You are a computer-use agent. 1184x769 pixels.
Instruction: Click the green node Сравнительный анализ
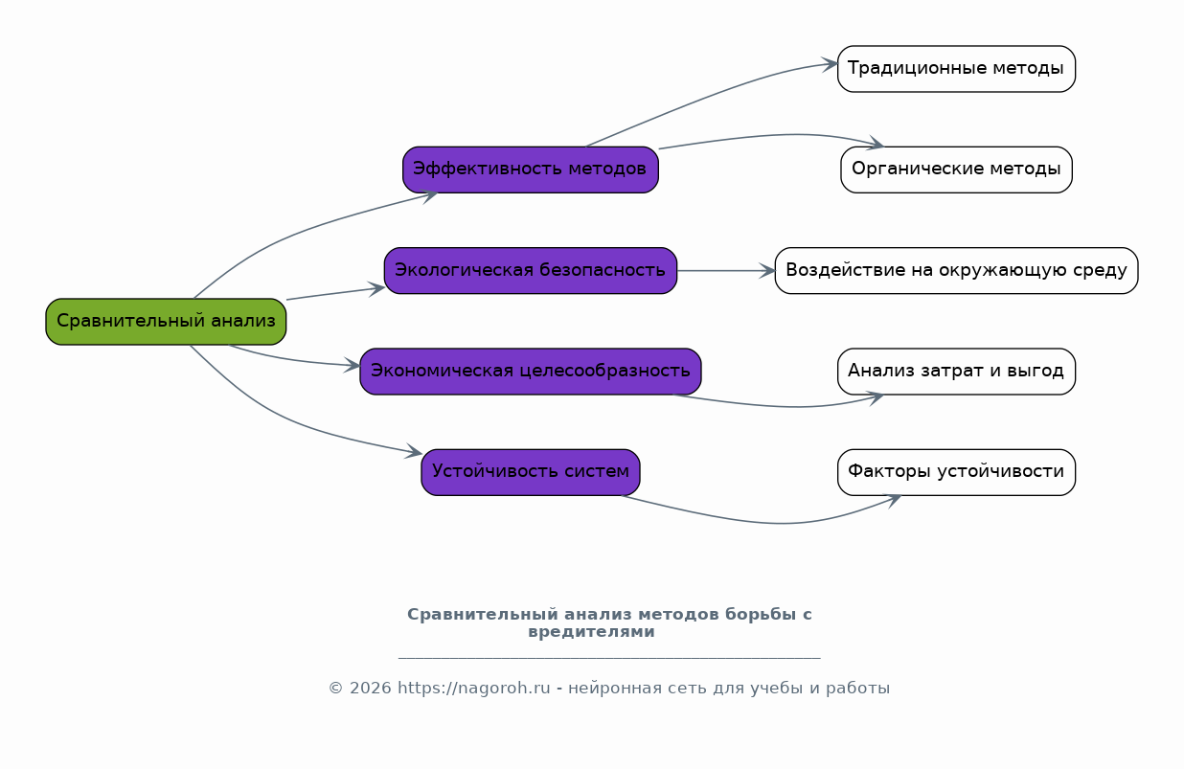tap(166, 322)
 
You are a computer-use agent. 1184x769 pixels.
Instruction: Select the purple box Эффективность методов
tap(530, 170)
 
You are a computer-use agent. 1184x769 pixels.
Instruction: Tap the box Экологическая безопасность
tap(530, 271)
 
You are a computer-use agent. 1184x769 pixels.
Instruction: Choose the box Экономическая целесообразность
tap(530, 371)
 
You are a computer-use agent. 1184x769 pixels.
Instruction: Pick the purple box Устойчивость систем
tap(530, 472)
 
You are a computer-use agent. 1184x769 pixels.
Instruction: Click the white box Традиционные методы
tap(956, 69)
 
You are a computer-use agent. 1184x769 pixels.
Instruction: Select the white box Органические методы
tap(956, 170)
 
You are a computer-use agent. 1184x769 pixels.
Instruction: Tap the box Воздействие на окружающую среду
tap(956, 271)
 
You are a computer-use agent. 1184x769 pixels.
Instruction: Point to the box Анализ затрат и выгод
tap(956, 371)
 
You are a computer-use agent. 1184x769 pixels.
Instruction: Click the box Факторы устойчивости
tap(956, 472)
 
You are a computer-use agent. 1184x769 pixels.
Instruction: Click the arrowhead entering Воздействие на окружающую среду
tap(767, 271)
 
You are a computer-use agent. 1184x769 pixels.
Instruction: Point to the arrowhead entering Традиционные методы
tap(830, 64)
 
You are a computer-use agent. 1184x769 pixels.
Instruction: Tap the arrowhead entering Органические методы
tap(876, 144)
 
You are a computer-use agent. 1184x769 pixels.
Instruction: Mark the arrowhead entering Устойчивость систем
tap(413, 451)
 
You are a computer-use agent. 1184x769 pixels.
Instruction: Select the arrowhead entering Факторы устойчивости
tap(894, 501)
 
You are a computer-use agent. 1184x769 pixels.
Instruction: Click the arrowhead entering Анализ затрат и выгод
tap(876, 398)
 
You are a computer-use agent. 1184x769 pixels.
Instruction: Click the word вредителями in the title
tap(591, 632)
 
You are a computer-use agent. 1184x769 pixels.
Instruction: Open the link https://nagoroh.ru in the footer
tap(473, 689)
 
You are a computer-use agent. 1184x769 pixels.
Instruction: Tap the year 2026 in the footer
tap(370, 689)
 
